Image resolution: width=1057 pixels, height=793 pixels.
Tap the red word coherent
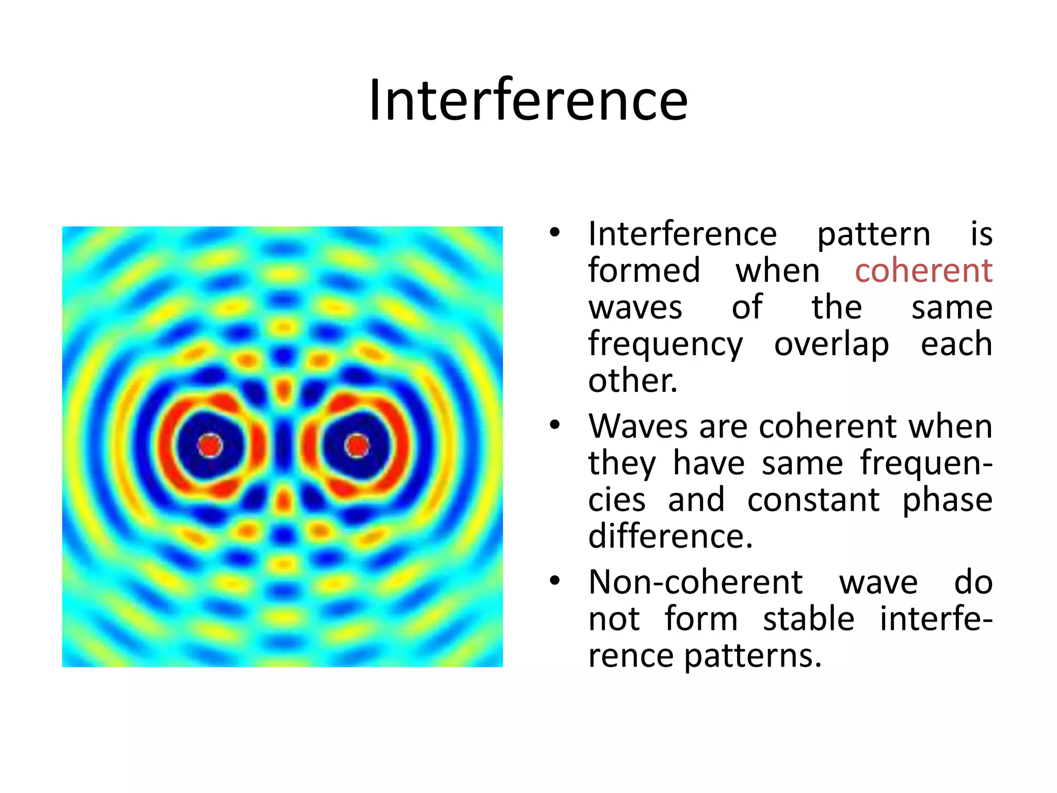pyautogui.click(x=923, y=271)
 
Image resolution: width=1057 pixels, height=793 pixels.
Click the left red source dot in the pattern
pyautogui.click(x=210, y=446)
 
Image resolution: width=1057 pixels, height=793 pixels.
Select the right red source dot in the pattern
pyautogui.click(x=357, y=446)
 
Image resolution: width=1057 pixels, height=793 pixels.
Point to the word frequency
pyautogui.click(x=665, y=345)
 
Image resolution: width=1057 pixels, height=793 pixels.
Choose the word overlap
pyautogui.click(x=831, y=344)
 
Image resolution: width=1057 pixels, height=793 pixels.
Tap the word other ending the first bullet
pyautogui.click(x=632, y=380)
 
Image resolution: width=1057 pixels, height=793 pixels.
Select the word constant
pyautogui.click(x=813, y=500)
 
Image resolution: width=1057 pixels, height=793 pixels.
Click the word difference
pyautogui.click(x=670, y=536)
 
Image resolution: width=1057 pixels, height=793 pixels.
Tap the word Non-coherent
pyautogui.click(x=695, y=582)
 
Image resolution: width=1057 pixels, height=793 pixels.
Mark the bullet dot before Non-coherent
pyautogui.click(x=555, y=581)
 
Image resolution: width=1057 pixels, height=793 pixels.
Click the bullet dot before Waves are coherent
pyautogui.click(x=555, y=425)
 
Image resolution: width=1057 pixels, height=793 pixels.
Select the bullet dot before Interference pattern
pyautogui.click(x=555, y=232)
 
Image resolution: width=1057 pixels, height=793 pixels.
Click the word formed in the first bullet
pyautogui.click(x=644, y=271)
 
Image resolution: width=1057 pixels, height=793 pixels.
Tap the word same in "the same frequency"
pyautogui.click(x=952, y=308)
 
